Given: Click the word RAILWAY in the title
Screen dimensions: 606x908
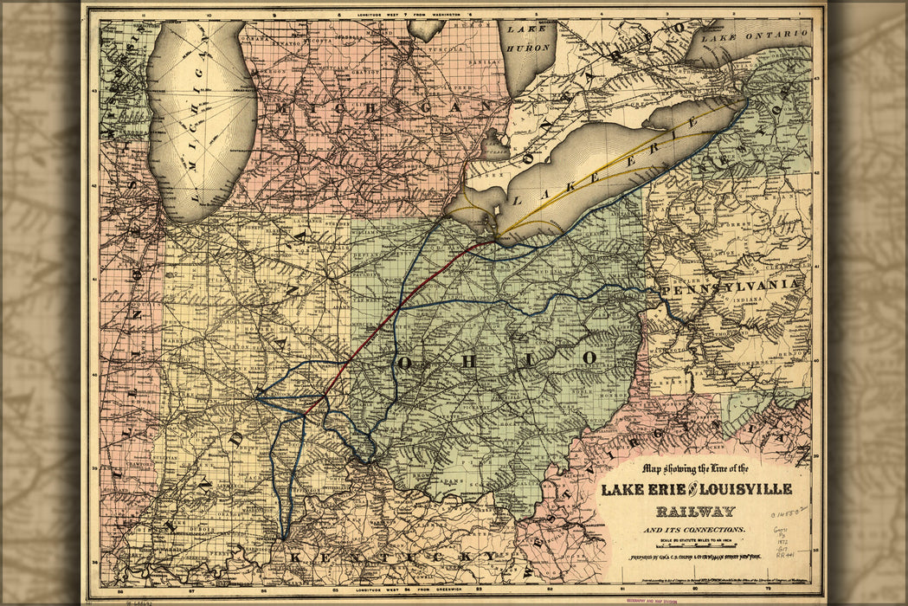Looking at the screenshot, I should [x=695, y=511].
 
